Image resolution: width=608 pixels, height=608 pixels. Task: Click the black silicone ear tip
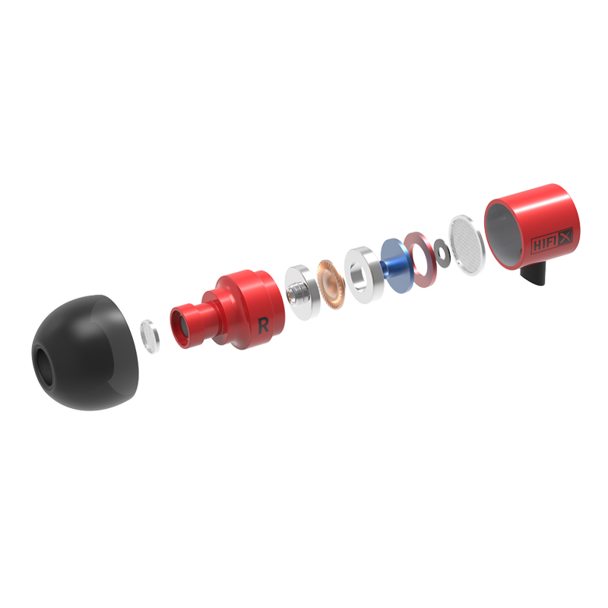tap(85, 353)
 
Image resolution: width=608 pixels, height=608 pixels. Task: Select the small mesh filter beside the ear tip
tap(150, 337)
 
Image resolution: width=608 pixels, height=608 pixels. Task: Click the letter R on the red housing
tap(263, 325)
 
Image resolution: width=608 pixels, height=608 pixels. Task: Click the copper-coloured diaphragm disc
tap(331, 285)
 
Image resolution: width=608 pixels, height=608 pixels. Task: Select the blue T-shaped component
tap(394, 265)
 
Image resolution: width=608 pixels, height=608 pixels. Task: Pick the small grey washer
tap(442, 253)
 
